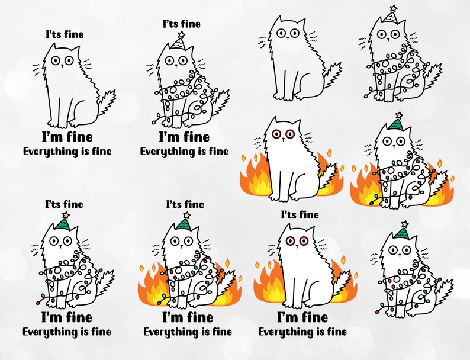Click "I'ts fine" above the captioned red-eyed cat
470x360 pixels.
point(299,214)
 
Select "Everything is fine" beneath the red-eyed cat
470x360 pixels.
point(302,332)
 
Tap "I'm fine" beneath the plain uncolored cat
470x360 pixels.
point(66,137)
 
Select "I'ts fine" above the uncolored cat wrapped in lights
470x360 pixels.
point(181,24)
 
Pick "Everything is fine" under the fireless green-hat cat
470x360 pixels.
point(67,332)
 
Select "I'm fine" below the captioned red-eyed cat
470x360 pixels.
point(302,317)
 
